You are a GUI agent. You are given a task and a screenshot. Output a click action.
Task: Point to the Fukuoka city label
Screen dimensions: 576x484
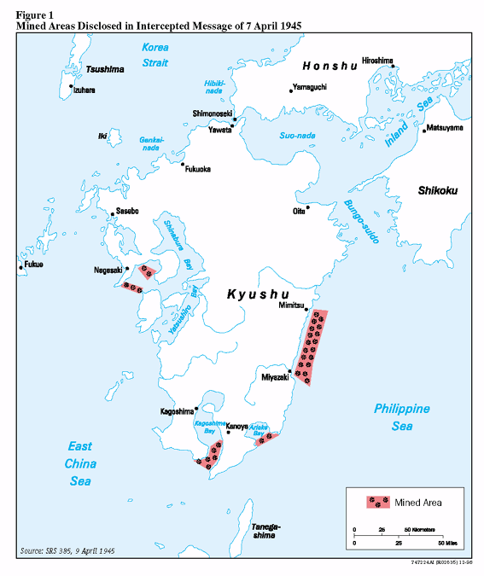[x=198, y=169]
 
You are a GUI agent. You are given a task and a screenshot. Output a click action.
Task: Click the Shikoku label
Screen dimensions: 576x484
[x=438, y=190]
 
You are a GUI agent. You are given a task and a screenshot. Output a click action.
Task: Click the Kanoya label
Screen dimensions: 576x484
[x=236, y=425]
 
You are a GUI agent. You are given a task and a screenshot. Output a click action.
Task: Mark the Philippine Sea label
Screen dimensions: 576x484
[x=401, y=416]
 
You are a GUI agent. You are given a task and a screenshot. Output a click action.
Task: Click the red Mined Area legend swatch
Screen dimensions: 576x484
[x=377, y=502]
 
